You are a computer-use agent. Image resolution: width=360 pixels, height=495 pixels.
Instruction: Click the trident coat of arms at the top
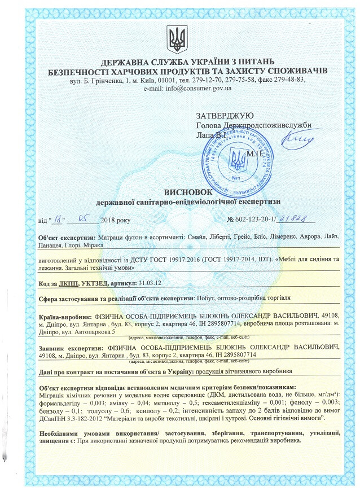coord(179,38)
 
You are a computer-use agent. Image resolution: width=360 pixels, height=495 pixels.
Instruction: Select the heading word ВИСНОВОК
coord(180,191)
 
